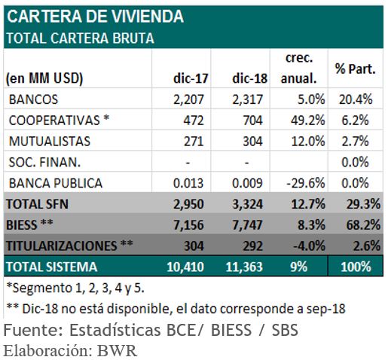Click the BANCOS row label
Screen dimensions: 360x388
[33, 99]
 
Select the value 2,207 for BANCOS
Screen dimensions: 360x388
[189, 99]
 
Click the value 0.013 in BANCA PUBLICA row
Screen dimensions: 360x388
[191, 183]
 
